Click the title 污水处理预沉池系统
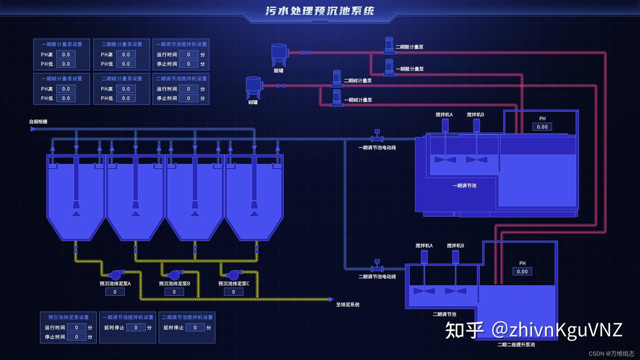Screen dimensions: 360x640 click(x=320, y=11)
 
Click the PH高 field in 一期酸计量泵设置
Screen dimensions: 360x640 click(x=66, y=54)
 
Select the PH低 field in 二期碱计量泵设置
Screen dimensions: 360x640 click(x=126, y=98)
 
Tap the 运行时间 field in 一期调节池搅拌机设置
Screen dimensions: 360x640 click(x=189, y=54)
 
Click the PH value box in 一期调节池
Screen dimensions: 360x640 click(x=542, y=127)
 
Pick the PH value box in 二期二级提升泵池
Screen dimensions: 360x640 click(x=522, y=271)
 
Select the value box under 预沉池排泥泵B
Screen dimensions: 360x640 click(x=174, y=292)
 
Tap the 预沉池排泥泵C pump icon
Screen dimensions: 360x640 click(x=233, y=275)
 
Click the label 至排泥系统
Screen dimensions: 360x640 click(x=348, y=304)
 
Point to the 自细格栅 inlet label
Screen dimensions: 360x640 click(x=38, y=121)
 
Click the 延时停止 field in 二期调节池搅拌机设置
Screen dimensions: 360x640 click(x=195, y=328)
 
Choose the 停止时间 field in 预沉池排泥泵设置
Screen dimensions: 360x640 click(x=77, y=337)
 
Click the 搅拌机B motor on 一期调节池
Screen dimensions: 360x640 click(x=476, y=125)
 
